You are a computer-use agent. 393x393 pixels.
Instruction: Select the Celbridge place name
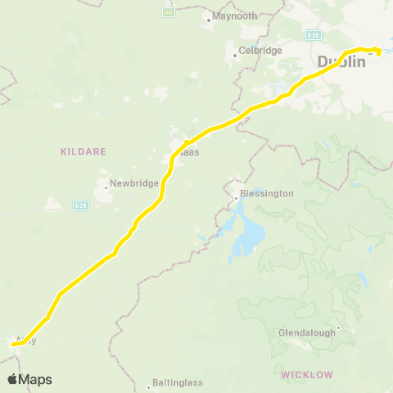[260, 50]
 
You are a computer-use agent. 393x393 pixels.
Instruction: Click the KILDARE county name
[79, 151]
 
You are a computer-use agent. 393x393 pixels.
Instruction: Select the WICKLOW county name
[307, 374]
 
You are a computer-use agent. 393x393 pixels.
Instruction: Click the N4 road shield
[169, 13]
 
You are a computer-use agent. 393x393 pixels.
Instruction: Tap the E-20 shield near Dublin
[313, 35]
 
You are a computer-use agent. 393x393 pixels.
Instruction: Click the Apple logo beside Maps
[12, 379]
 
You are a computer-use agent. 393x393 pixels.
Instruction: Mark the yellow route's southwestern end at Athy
[14, 345]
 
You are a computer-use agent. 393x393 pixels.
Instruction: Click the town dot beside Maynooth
[210, 17]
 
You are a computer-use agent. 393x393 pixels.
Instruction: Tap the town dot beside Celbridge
[235, 55]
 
